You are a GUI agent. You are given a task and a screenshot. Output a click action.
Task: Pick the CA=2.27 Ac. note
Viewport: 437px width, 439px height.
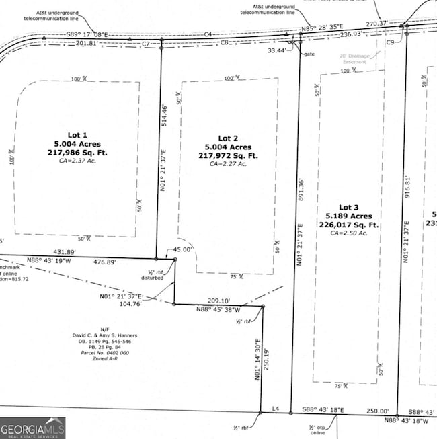(229, 163)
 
